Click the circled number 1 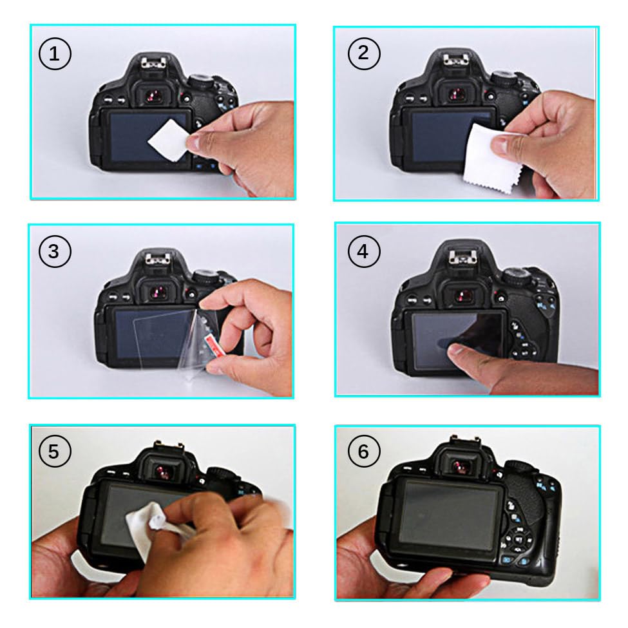(55, 53)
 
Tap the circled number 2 (364, 53)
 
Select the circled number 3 (55, 251)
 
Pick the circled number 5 (55, 451)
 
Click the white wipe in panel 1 (168, 140)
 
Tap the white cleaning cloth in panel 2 (492, 159)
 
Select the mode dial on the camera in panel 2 (503, 79)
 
